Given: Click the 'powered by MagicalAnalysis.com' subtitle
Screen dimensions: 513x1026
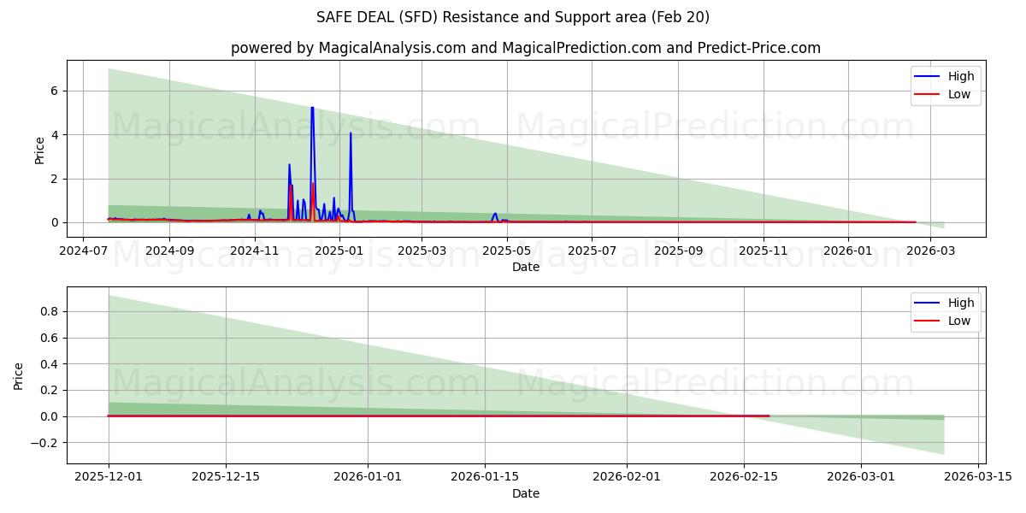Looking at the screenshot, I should coord(525,48).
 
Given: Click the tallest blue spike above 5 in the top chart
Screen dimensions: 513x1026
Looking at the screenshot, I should coord(312,109).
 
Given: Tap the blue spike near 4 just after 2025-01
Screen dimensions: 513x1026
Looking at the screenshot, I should coord(351,133).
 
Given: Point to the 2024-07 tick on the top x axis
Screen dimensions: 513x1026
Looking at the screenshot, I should coord(83,251).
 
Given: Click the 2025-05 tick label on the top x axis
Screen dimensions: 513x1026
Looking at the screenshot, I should coord(507,251).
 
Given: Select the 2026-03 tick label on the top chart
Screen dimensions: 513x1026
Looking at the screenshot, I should coord(931,251).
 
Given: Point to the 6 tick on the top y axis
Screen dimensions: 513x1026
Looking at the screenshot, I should coord(53,91).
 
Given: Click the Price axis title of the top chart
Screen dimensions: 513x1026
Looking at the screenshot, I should coord(39,150).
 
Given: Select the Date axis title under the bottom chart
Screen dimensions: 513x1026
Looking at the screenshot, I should coord(525,493).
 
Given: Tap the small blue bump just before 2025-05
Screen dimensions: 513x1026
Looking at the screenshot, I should coord(495,214).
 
